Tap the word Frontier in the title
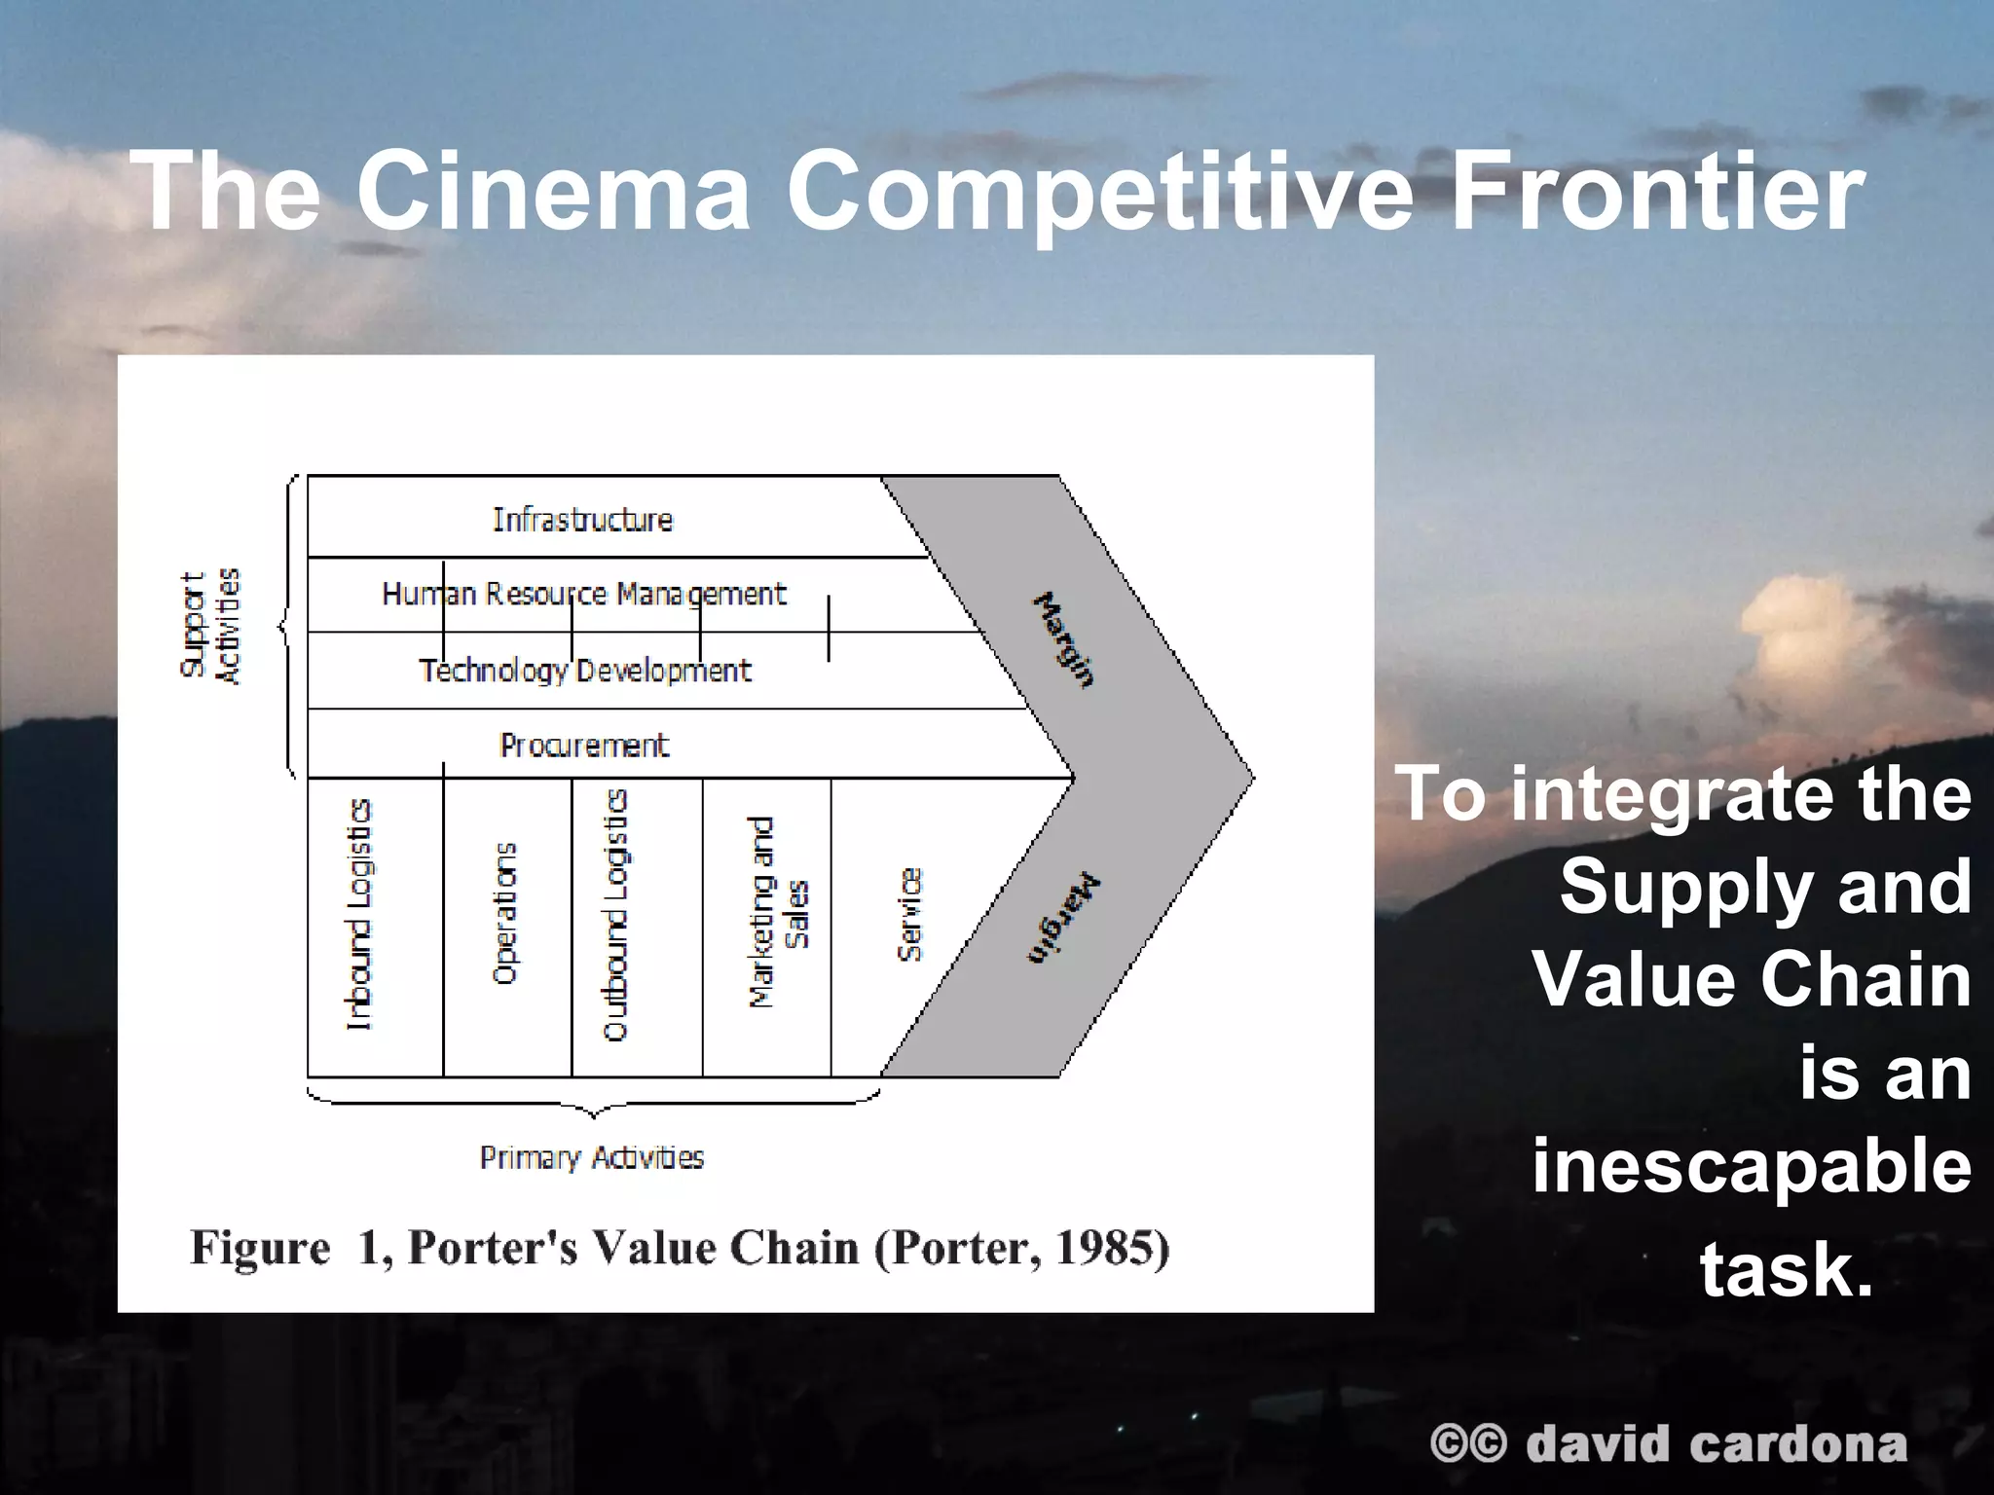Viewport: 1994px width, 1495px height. point(1655,190)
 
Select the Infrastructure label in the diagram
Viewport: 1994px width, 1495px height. point(582,520)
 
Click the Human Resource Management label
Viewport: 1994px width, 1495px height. point(583,594)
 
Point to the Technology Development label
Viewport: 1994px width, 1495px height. point(585,671)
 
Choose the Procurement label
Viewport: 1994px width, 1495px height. point(584,746)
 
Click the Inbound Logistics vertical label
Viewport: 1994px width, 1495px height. point(359,915)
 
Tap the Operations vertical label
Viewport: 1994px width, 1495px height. point(504,915)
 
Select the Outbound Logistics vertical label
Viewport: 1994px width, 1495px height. point(615,915)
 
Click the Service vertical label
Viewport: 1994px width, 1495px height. point(908,915)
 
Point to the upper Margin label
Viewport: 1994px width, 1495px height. point(1062,639)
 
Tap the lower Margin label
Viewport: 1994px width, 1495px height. point(1062,920)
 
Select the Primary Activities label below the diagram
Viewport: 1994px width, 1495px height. point(592,1157)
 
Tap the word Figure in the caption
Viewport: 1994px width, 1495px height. point(260,1248)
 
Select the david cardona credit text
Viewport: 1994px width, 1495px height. point(1716,1444)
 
